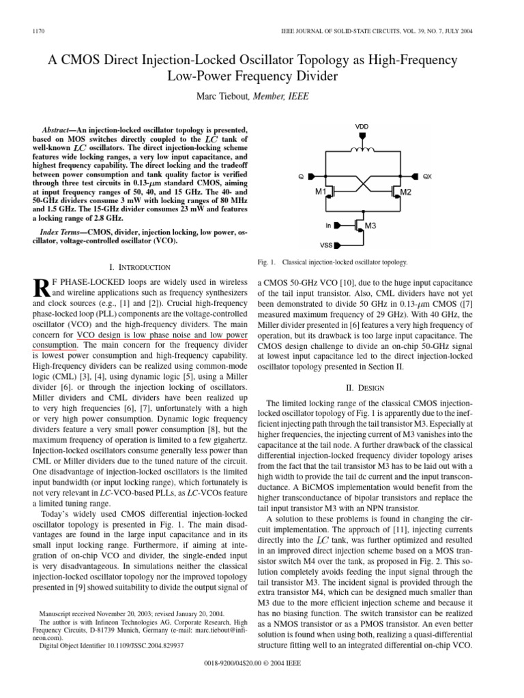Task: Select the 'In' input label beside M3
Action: pos(329,224)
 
